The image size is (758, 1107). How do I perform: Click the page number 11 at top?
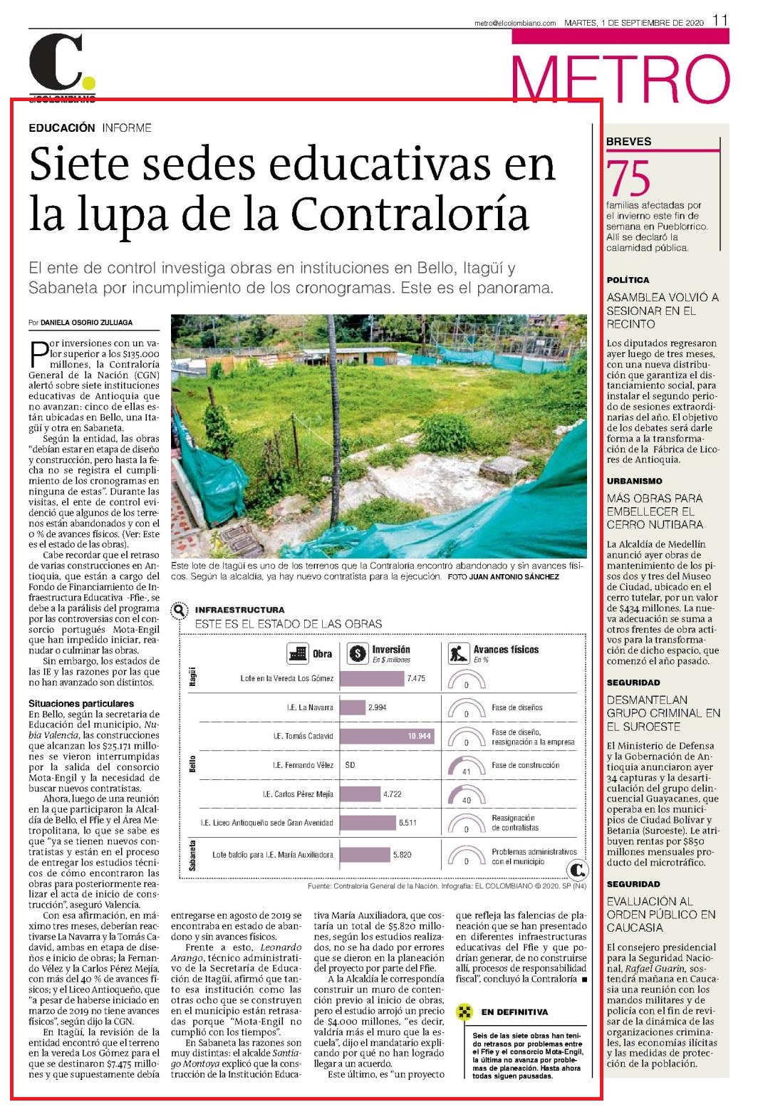pyautogui.click(x=720, y=20)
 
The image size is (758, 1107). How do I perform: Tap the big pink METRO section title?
pyautogui.click(x=621, y=78)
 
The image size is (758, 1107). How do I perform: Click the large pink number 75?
pyautogui.click(x=628, y=178)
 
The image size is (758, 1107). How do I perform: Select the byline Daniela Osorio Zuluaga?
pyautogui.click(x=86, y=322)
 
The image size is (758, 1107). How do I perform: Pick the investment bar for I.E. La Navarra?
pyautogui.click(x=353, y=707)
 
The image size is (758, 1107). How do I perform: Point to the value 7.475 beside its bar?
pyautogui.click(x=416, y=679)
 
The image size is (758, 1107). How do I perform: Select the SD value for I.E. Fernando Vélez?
pyautogui.click(x=350, y=765)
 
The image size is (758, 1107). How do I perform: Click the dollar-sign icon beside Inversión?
pyautogui.click(x=357, y=653)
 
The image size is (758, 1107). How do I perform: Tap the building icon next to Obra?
pyautogui.click(x=298, y=653)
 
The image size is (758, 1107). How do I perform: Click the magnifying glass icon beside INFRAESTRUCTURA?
pyautogui.click(x=180, y=611)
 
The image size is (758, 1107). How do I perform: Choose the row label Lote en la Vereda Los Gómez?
pyautogui.click(x=286, y=679)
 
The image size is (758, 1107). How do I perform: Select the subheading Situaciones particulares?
pyautogui.click(x=81, y=703)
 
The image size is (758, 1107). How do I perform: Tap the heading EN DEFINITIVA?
pyautogui.click(x=514, y=1012)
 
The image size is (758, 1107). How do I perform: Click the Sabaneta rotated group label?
pyautogui.click(x=192, y=856)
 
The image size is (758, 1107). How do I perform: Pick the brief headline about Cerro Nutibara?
pyautogui.click(x=655, y=511)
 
